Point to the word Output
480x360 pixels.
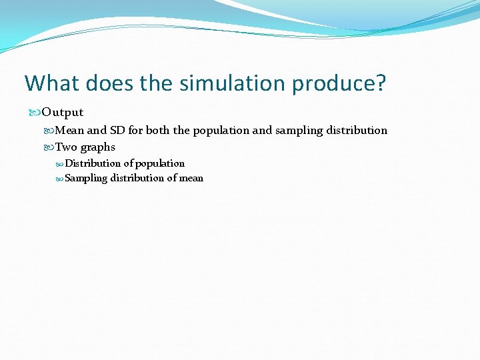pyautogui.click(x=63, y=112)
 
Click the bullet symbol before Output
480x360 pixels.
pyautogui.click(x=35, y=112)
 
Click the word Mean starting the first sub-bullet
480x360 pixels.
pyautogui.click(x=69, y=130)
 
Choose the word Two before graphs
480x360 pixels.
pyautogui.click(x=66, y=147)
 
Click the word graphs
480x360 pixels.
pyautogui.click(x=98, y=147)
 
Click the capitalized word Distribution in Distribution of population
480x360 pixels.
pyautogui.click(x=93, y=163)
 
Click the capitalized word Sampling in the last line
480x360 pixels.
pyautogui.click(x=86, y=178)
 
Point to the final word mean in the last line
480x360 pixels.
pyautogui.click(x=191, y=178)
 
